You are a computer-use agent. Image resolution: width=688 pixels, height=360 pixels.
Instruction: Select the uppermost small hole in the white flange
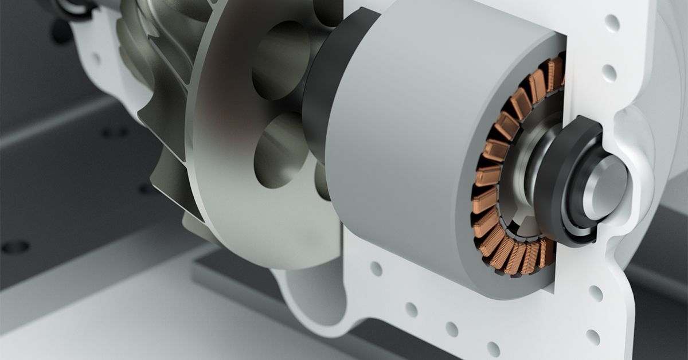(612, 23)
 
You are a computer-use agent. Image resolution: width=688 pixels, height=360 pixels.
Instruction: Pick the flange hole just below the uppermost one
(609, 73)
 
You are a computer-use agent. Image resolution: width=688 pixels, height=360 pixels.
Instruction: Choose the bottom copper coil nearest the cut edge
(546, 252)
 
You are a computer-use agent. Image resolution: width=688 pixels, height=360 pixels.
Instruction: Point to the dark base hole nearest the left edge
(15, 246)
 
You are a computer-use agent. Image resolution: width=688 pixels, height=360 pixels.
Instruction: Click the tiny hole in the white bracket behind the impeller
(96, 58)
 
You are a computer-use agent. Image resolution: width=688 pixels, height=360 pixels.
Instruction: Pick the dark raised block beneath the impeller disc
(241, 275)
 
